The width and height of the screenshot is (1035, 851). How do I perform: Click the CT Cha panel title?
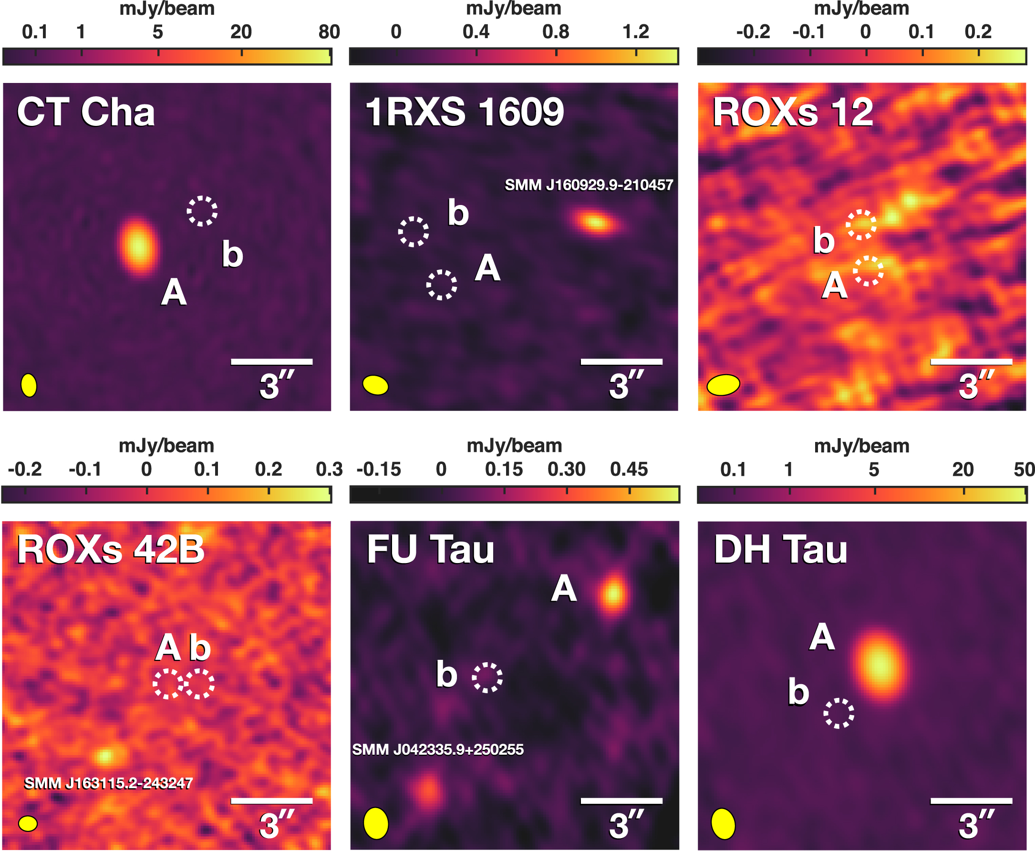(x=86, y=112)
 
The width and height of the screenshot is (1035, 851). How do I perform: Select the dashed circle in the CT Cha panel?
(x=202, y=211)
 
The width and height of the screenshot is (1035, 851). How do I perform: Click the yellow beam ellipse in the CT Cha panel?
(x=29, y=385)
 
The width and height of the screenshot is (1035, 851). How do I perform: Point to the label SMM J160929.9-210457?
(x=589, y=185)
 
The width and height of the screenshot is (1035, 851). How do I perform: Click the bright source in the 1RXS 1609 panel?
(x=596, y=223)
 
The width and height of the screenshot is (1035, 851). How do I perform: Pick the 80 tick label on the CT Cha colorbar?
(x=329, y=32)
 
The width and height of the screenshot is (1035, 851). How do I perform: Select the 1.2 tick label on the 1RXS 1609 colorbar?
(x=635, y=32)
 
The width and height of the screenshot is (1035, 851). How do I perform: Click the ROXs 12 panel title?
(x=792, y=112)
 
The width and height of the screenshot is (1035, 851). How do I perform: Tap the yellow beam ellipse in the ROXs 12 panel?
(x=723, y=385)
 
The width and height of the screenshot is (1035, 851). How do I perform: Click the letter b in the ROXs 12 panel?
(x=823, y=240)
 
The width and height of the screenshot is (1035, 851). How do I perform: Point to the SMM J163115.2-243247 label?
(x=108, y=783)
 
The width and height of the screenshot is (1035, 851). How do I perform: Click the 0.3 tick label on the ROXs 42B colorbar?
(x=329, y=470)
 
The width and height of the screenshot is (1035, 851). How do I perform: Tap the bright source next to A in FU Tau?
(x=613, y=594)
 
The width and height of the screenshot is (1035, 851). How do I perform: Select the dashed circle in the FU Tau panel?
(x=487, y=677)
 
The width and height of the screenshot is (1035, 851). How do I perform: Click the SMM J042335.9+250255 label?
(x=438, y=749)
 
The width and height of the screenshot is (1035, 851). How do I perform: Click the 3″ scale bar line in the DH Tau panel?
(x=971, y=801)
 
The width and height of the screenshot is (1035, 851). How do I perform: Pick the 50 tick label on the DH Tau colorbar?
(x=1024, y=470)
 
